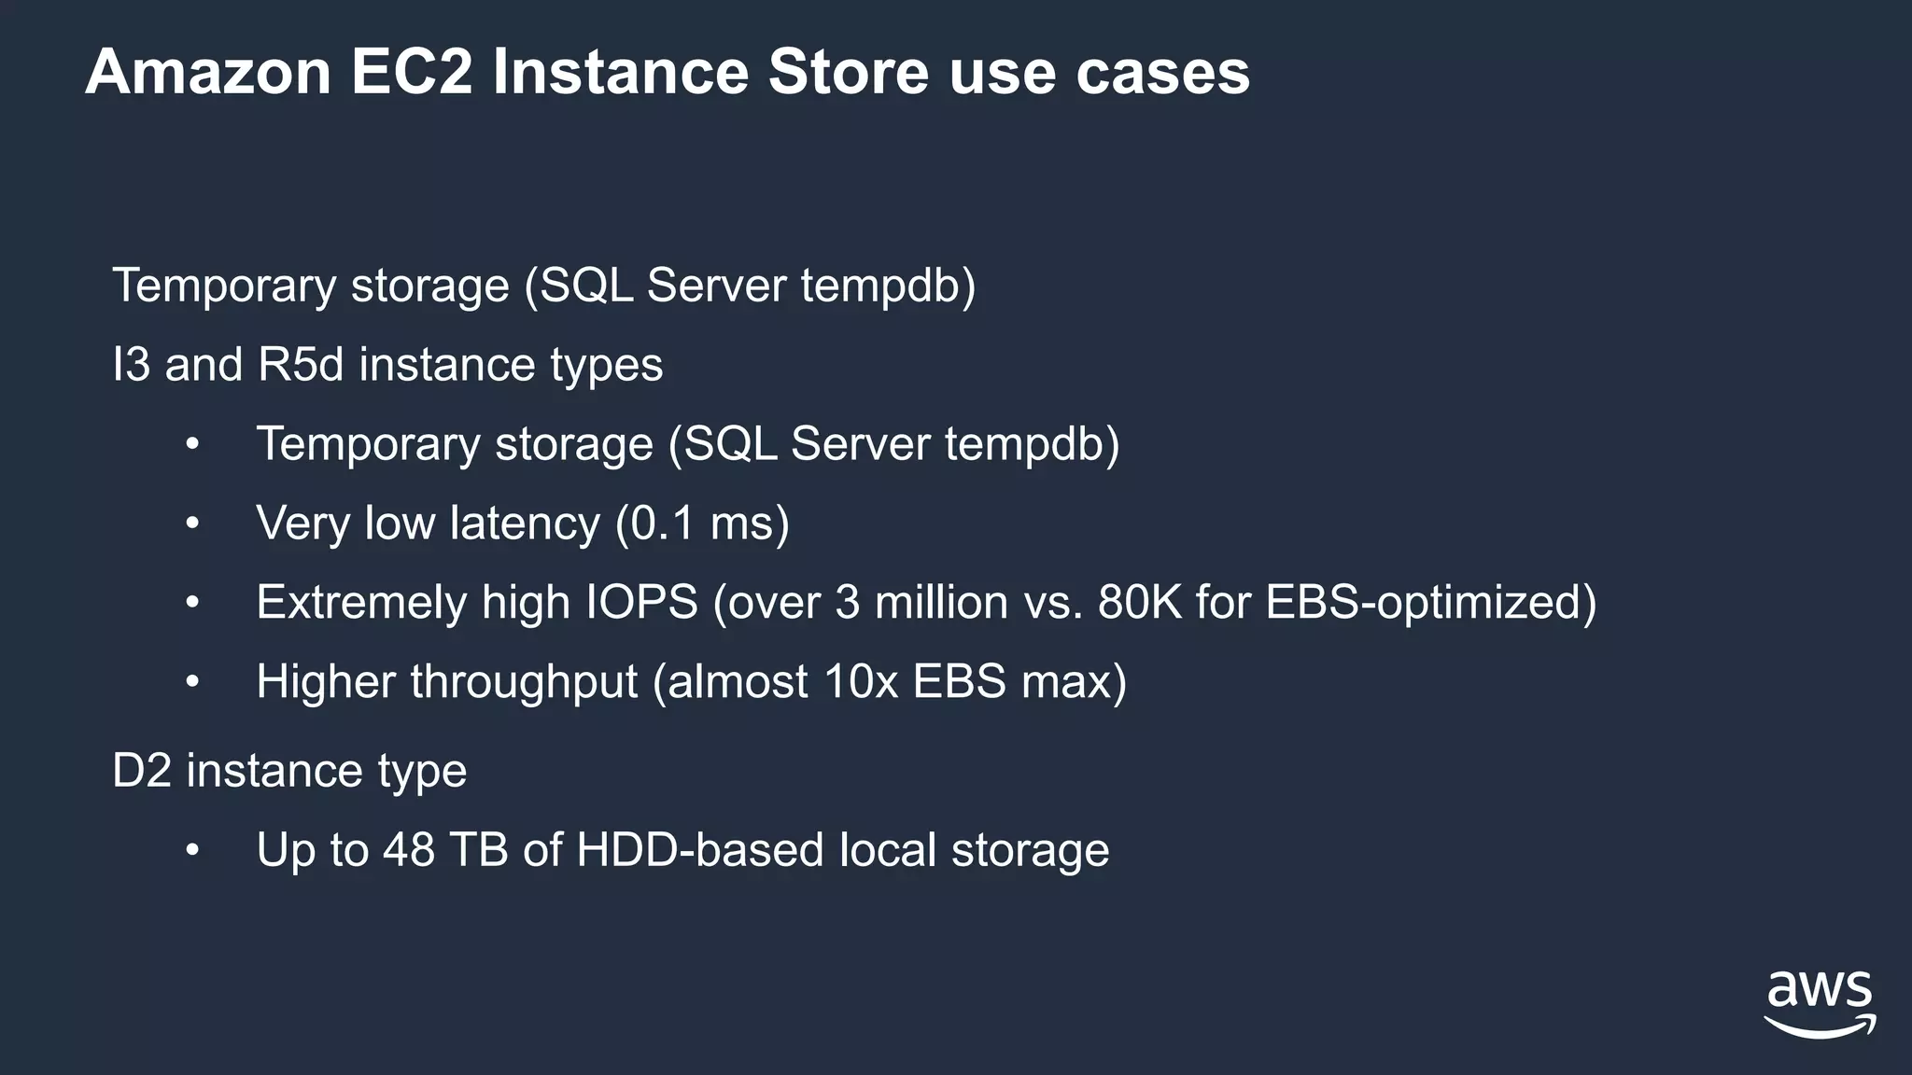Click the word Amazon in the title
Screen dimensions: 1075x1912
[208, 72]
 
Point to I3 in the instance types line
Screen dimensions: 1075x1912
[131, 364]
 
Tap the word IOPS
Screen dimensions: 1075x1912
[641, 602]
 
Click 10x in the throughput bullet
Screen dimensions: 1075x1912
[861, 682]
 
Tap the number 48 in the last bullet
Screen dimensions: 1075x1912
[408, 850]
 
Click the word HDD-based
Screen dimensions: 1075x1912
[700, 850]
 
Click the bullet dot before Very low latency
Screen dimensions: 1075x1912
[192, 524]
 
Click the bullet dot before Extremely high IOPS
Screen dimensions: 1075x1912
[192, 603]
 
